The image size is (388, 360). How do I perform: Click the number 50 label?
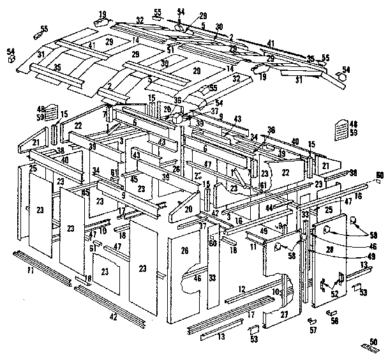coord(373,341)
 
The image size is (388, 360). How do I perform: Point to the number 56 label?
coord(334,320)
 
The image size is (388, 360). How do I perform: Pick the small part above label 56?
coord(332,313)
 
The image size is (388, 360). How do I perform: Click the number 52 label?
coord(334,293)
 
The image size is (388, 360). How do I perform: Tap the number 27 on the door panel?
coord(284,314)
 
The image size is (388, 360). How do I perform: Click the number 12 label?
coord(242,289)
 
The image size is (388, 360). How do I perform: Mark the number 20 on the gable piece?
coord(189,209)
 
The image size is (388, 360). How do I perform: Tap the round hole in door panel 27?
coord(278,246)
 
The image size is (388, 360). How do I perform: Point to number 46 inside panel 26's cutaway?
coord(197,279)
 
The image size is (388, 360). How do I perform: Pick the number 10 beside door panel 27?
coord(276,292)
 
